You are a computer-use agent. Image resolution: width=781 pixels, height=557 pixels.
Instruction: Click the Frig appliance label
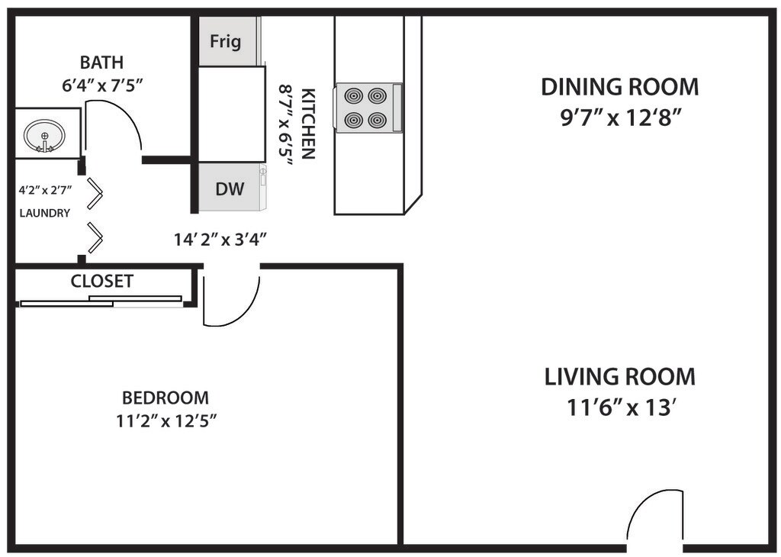click(226, 41)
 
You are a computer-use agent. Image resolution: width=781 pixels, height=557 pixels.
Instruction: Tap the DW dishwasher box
click(230, 188)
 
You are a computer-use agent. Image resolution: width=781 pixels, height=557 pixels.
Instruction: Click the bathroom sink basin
click(44, 134)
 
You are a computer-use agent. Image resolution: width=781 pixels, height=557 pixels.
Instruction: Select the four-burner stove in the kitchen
click(369, 108)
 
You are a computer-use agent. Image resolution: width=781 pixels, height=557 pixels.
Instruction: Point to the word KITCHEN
click(309, 124)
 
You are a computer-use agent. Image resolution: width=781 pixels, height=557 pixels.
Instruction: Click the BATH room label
click(101, 63)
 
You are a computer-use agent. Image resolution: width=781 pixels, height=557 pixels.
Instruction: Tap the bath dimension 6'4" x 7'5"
click(103, 85)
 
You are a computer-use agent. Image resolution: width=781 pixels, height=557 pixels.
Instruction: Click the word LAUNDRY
click(45, 213)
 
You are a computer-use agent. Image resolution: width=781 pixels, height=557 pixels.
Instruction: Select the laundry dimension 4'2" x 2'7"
click(45, 190)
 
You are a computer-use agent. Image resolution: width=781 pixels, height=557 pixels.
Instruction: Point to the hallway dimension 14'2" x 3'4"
click(220, 240)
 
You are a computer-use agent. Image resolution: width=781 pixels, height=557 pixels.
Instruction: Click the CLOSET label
click(102, 282)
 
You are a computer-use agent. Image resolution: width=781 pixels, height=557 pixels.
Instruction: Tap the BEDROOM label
click(166, 398)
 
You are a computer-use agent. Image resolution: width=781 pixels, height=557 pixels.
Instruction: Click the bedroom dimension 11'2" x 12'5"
click(167, 421)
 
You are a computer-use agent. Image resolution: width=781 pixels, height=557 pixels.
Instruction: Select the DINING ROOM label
click(619, 87)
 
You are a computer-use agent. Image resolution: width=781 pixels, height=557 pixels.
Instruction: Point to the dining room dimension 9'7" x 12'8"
click(621, 118)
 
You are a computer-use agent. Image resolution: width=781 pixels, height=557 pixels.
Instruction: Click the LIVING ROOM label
click(619, 377)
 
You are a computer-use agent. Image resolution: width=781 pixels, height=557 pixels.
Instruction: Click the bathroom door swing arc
click(128, 115)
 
